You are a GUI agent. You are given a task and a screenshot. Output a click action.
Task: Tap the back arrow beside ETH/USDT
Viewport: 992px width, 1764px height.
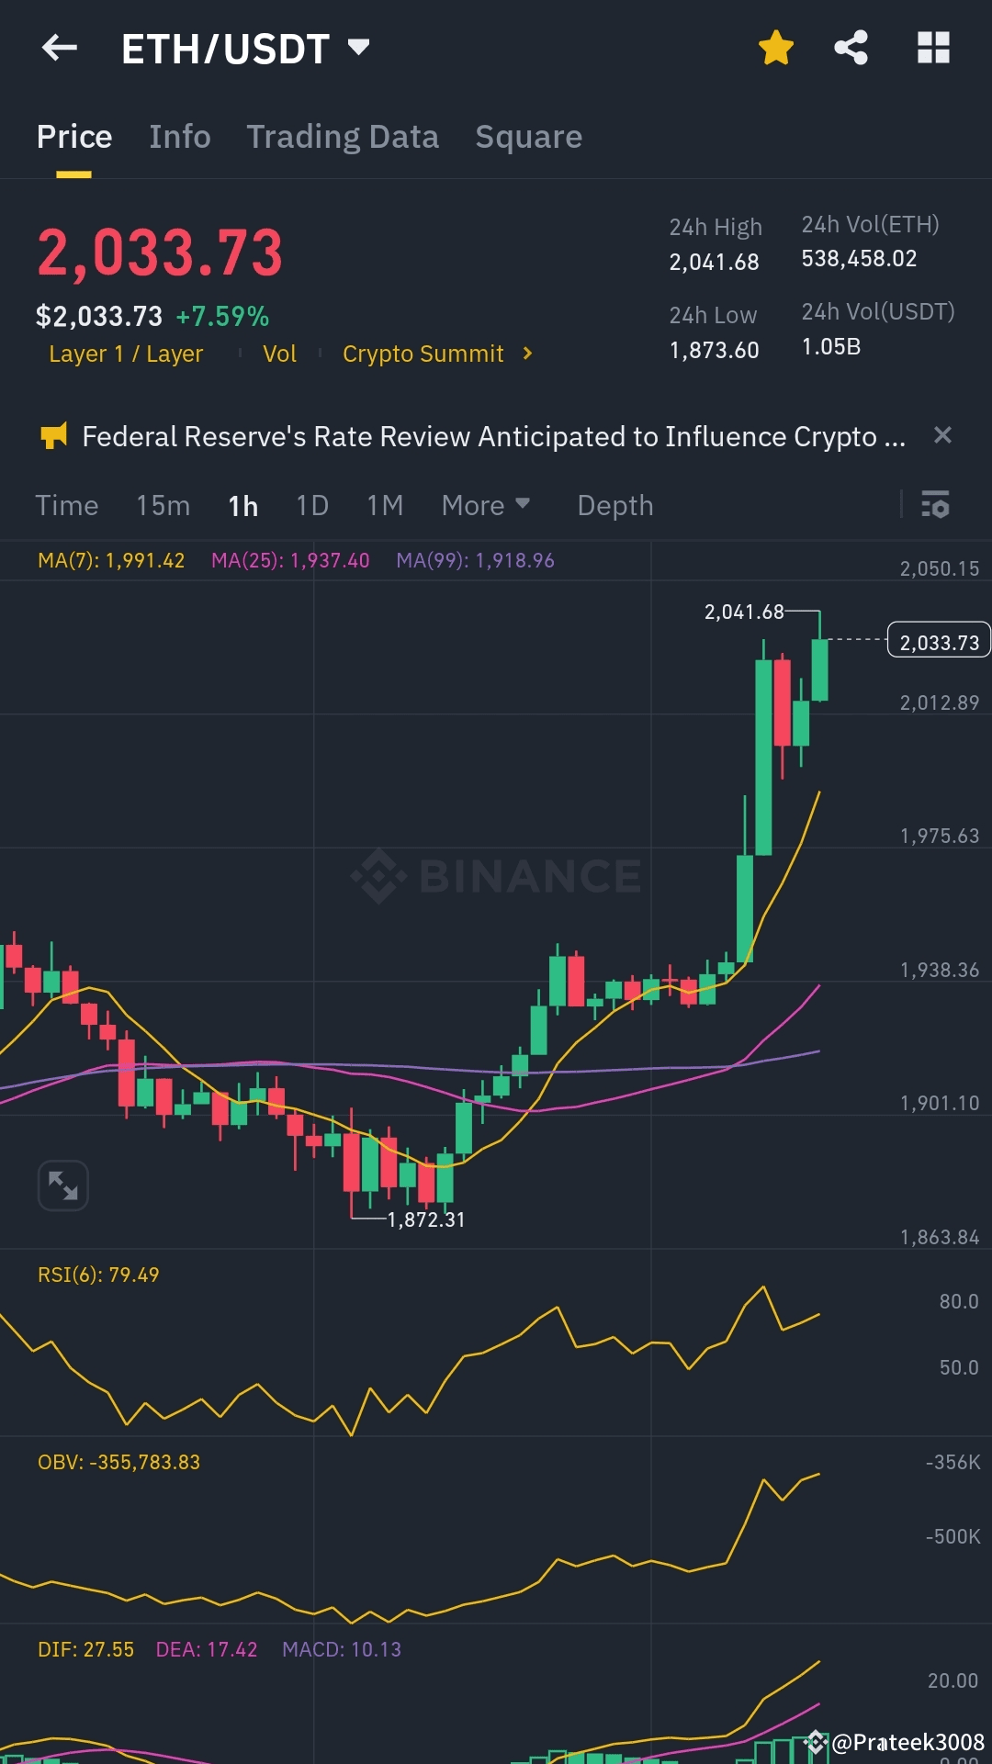[60, 48]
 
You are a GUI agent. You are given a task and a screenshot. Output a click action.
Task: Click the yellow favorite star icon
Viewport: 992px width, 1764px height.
[776, 48]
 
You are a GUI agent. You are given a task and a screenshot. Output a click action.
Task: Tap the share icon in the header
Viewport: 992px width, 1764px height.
[851, 48]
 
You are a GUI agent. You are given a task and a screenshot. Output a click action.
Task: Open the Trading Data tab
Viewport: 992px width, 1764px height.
[343, 137]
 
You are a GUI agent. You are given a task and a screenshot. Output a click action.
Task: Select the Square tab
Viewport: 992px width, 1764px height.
[528, 137]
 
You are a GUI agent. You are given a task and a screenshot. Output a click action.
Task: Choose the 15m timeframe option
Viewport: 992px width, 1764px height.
[163, 505]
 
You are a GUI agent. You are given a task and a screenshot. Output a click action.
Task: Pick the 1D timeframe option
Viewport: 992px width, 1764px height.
[312, 505]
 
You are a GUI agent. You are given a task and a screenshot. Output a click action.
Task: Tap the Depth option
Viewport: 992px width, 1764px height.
[614, 505]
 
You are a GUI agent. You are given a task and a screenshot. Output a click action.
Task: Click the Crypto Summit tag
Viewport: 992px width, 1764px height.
[423, 354]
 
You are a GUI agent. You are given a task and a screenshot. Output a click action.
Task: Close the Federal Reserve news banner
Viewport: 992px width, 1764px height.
[942, 435]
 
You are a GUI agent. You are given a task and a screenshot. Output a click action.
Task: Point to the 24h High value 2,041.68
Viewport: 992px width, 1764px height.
[714, 262]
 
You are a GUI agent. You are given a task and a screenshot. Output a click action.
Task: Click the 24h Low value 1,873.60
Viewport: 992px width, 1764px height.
[714, 350]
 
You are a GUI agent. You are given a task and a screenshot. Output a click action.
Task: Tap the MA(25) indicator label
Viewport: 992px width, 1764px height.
[290, 560]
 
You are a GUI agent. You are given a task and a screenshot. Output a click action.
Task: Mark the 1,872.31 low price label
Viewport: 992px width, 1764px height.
[426, 1219]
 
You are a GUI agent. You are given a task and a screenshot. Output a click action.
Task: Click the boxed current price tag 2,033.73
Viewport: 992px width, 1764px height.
[939, 642]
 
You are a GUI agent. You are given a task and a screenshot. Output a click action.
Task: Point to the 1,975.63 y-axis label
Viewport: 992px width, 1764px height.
[939, 836]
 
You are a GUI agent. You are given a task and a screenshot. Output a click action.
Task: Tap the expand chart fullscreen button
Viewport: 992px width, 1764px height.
[62, 1185]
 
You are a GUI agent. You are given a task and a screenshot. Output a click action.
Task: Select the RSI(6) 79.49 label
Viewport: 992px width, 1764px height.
[98, 1275]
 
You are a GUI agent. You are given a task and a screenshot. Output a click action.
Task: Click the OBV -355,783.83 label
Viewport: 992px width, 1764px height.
[118, 1462]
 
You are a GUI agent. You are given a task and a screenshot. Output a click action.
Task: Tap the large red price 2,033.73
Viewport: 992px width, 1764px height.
[160, 253]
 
